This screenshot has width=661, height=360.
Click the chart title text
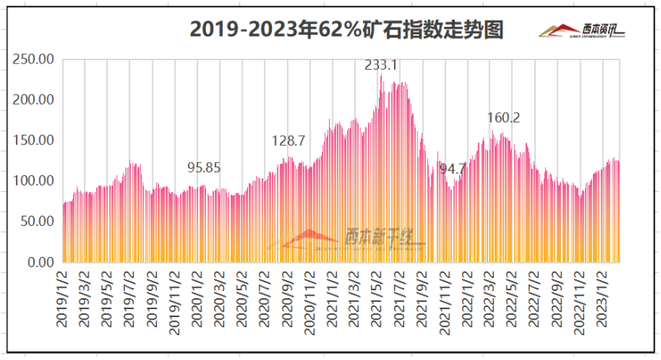(346, 29)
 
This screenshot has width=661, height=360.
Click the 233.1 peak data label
(381, 65)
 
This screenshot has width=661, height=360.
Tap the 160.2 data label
(503, 117)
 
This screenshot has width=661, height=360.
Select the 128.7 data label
(288, 140)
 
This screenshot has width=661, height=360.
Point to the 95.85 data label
(204, 167)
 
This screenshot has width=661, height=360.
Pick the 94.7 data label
(453, 169)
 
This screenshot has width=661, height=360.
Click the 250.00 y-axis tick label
(34, 59)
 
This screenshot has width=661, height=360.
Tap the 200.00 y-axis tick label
(34, 100)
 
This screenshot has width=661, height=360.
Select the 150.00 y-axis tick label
(34, 140)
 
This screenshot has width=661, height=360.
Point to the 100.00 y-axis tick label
(34, 181)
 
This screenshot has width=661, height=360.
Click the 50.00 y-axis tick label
(37, 221)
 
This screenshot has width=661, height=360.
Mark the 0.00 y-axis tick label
(40, 262)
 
